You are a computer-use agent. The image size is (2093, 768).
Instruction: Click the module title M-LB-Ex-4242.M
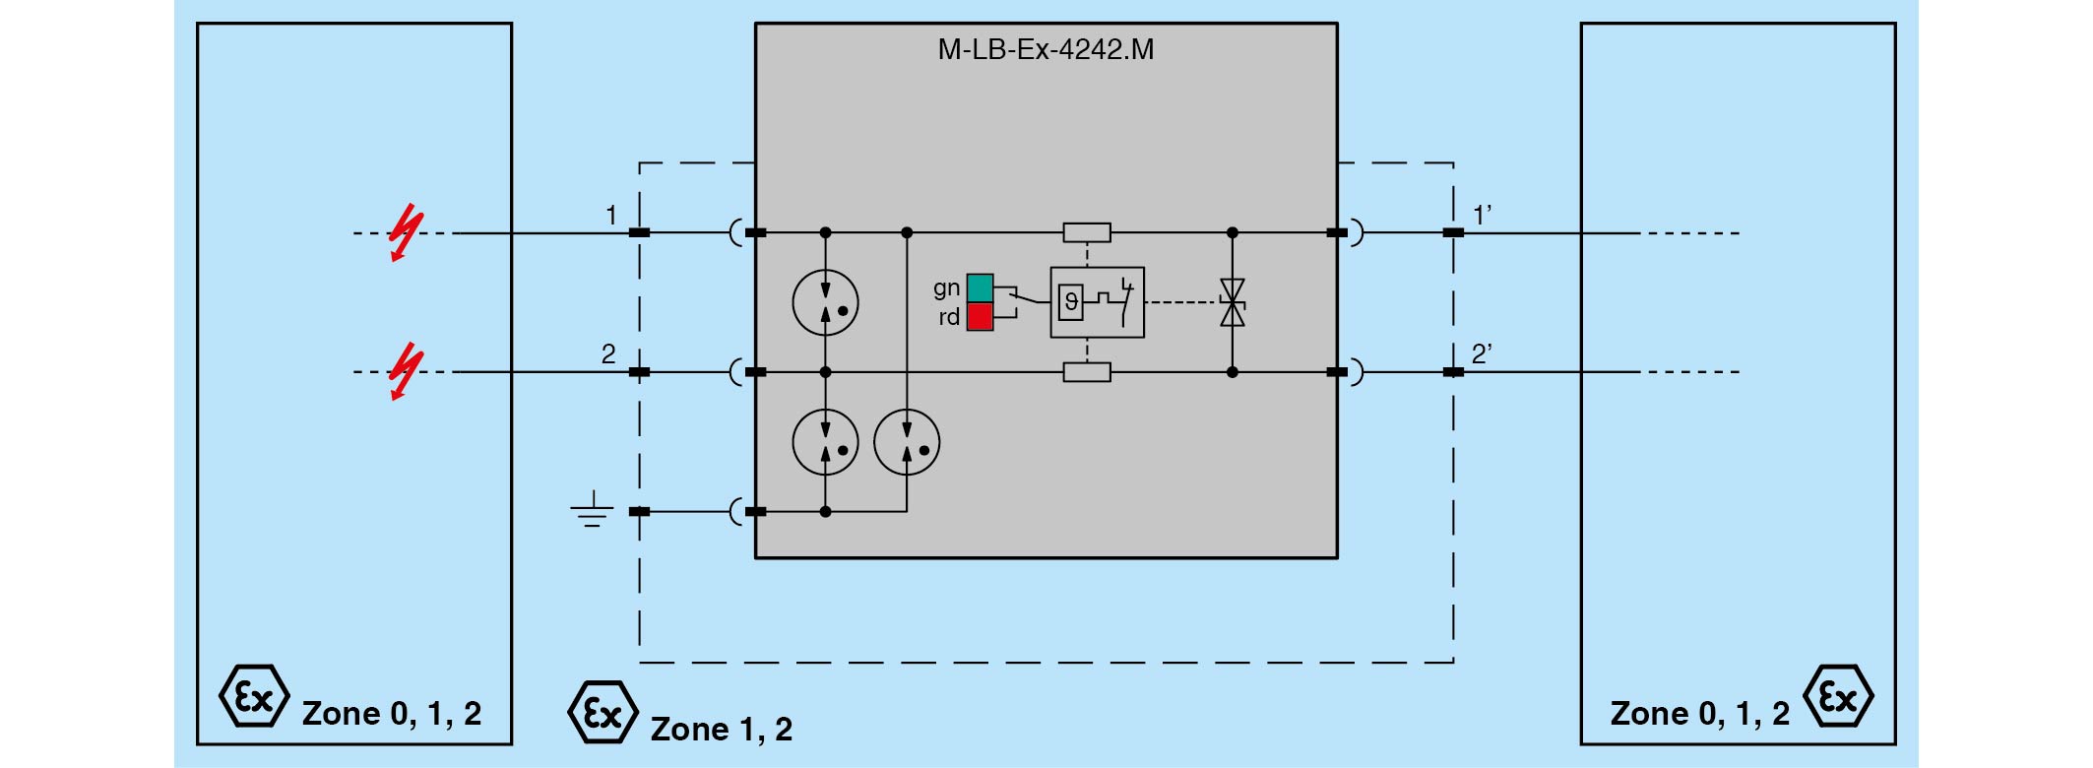pyautogui.click(x=1046, y=49)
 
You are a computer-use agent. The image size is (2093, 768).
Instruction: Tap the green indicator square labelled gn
pyautogui.click(x=980, y=288)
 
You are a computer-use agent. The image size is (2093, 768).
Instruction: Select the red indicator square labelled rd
pyautogui.click(x=980, y=316)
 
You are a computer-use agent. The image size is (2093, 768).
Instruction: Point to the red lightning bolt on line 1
pyautogui.click(x=404, y=233)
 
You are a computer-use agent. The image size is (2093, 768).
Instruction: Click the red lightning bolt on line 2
pyautogui.click(x=404, y=372)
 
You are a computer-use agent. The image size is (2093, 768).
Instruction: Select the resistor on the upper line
pyautogui.click(x=1087, y=233)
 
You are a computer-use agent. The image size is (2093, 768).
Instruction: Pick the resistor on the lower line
pyautogui.click(x=1087, y=372)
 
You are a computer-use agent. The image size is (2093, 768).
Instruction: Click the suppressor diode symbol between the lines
pyautogui.click(x=1232, y=302)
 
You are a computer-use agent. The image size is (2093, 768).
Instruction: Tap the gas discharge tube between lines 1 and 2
pyautogui.click(x=825, y=302)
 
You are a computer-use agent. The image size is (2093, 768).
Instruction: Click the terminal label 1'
pyautogui.click(x=1482, y=215)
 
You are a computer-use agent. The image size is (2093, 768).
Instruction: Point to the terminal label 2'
pyautogui.click(x=1482, y=354)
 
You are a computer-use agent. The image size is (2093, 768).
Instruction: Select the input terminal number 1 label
pyautogui.click(x=611, y=215)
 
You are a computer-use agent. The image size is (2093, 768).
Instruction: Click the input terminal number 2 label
pyautogui.click(x=608, y=354)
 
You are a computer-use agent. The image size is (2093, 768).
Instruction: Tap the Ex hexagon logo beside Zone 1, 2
pyautogui.click(x=603, y=712)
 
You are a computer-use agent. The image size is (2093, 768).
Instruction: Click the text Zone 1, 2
pyautogui.click(x=722, y=729)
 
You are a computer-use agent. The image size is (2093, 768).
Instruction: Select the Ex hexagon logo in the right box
pyautogui.click(x=1838, y=697)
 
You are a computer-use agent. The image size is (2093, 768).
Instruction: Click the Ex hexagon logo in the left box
pyautogui.click(x=254, y=697)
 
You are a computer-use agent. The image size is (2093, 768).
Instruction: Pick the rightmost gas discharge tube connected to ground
pyautogui.click(x=907, y=442)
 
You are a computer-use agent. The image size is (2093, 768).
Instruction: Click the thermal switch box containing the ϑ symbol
pyautogui.click(x=1097, y=302)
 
